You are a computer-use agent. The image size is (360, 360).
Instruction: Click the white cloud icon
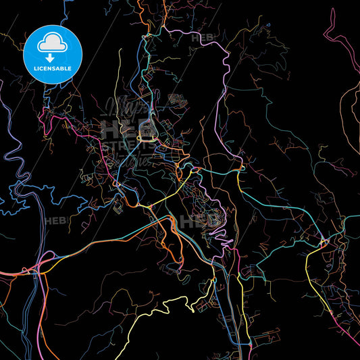pos(53,45)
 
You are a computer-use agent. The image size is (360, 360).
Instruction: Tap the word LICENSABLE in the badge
pos(53,69)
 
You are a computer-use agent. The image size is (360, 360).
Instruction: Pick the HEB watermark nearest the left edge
pos(53,220)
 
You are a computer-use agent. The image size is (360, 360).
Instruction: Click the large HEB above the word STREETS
pos(118,127)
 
